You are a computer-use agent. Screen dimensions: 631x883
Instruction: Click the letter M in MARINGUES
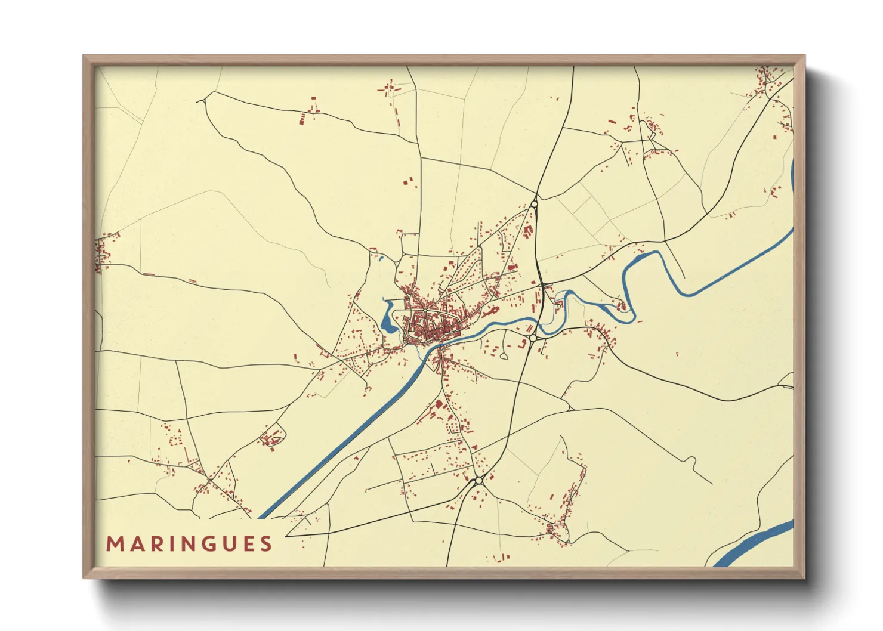coord(114,544)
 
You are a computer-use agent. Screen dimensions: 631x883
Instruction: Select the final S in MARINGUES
coord(266,544)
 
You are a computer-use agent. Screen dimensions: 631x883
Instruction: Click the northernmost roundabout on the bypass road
coord(534,204)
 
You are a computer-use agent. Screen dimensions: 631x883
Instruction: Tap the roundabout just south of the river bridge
coord(533,338)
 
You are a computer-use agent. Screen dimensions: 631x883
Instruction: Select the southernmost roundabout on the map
coord(478,480)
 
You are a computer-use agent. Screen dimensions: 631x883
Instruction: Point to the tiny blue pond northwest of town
coord(380,258)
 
